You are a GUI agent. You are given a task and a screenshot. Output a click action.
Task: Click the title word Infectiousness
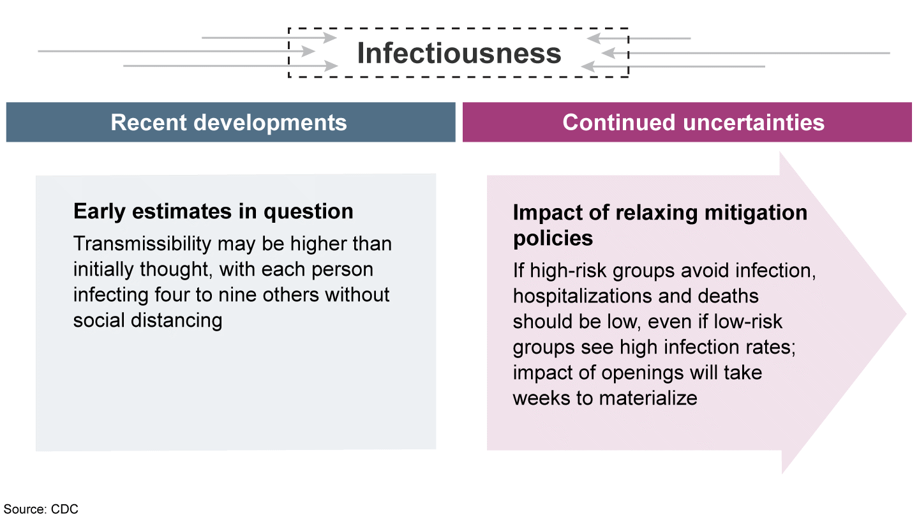click(x=459, y=54)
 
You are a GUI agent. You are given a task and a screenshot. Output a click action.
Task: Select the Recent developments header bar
click(x=230, y=123)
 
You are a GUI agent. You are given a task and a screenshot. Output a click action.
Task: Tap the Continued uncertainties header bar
click(x=687, y=123)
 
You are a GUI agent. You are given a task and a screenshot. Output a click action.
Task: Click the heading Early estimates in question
click(x=213, y=212)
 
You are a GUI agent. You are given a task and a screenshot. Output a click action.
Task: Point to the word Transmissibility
click(x=142, y=244)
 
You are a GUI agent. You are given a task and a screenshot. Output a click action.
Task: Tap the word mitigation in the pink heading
click(x=756, y=213)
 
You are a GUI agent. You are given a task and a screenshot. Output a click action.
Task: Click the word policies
click(x=553, y=239)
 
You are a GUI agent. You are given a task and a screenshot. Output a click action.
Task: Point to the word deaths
click(x=728, y=296)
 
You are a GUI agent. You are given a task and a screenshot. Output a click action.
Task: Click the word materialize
click(x=648, y=398)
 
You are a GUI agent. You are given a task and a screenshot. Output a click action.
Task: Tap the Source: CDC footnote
click(x=41, y=509)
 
